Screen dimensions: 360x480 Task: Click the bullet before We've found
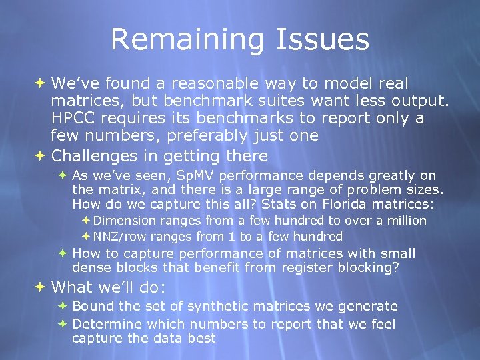(x=40, y=83)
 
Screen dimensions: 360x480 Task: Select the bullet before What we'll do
(x=40, y=287)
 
